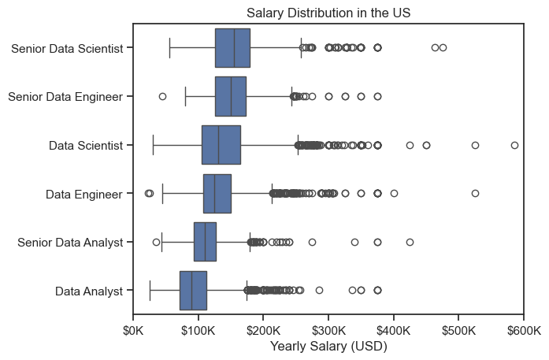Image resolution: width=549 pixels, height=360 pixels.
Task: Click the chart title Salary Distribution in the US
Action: click(328, 13)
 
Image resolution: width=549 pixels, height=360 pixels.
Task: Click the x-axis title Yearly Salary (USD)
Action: click(328, 346)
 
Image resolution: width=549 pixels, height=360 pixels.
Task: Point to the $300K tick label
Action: click(328, 330)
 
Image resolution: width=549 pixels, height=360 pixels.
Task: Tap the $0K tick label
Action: click(133, 330)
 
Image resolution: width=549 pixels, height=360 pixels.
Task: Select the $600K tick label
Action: click(524, 330)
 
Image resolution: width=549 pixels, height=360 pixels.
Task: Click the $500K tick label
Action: click(458, 330)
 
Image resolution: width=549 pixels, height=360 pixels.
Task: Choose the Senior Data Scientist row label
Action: click(67, 48)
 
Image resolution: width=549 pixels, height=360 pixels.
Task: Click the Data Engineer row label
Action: click(84, 194)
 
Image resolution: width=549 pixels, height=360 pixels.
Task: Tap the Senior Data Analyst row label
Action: click(70, 243)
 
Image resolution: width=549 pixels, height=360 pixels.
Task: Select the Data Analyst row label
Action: click(89, 291)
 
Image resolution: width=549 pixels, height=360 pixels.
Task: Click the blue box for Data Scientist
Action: click(221, 145)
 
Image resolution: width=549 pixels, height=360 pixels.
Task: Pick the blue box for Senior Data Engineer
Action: click(231, 96)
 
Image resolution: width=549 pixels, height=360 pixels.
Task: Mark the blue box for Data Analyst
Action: click(193, 291)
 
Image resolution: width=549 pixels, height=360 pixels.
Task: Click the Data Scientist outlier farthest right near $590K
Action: click(514, 145)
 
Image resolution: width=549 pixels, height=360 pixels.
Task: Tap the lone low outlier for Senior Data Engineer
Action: click(162, 96)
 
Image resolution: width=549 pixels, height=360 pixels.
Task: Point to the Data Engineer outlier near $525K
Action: click(475, 193)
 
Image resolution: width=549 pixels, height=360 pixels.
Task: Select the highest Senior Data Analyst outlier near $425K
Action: click(410, 242)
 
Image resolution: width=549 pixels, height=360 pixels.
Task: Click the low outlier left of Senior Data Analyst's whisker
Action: click(156, 242)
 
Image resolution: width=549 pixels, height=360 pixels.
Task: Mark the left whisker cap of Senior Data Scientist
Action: click(170, 47)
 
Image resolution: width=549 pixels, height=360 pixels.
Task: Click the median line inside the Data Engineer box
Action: click(214, 193)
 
